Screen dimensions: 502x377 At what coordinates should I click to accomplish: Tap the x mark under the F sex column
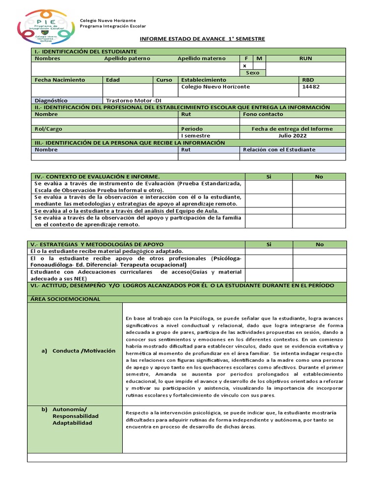pyautogui.click(x=244, y=66)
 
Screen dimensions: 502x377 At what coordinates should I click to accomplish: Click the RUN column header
pyautogui.click(x=305, y=58)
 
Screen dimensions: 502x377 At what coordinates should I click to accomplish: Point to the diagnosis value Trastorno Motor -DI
pyautogui.click(x=134, y=100)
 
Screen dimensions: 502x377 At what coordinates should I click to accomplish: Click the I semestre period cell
pyautogui.click(x=196, y=136)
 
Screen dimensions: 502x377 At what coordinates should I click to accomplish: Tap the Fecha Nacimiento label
pyautogui.click(x=59, y=79)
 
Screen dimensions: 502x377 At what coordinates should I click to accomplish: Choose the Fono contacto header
pyautogui.click(x=263, y=114)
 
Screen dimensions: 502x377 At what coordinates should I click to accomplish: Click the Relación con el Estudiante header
pyautogui.click(x=279, y=150)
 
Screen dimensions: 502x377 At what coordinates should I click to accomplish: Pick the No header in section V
pyautogui.click(x=320, y=244)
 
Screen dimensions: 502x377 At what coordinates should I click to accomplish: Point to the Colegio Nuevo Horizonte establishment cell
pyautogui.click(x=215, y=87)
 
